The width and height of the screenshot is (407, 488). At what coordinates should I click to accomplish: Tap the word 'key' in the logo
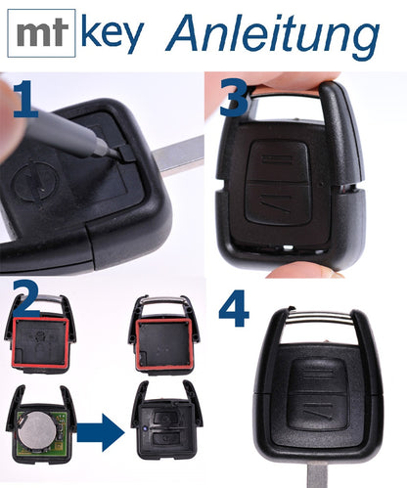click(x=110, y=34)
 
